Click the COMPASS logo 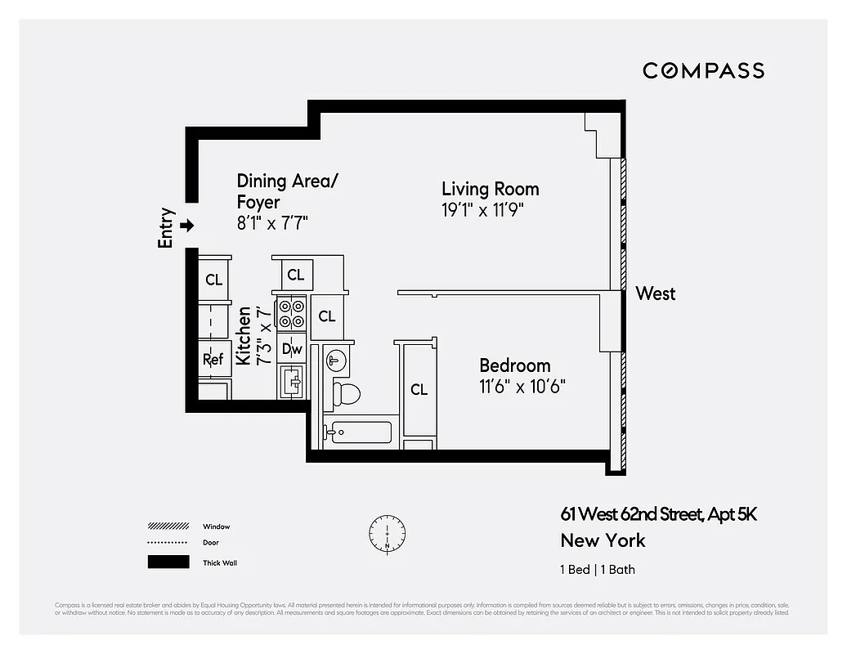coord(703,70)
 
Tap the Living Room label coord(490,190)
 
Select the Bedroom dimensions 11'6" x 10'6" coord(522,385)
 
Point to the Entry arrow coord(187,226)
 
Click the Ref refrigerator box coord(213,359)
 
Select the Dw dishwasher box coord(292,349)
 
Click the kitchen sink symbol coord(292,381)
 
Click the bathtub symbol coord(358,432)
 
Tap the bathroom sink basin coord(335,359)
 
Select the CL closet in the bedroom coord(419,390)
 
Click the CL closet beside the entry coord(213,280)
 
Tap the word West coord(656,293)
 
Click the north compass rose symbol coord(387,533)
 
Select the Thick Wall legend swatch coord(168,562)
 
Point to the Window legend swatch coord(168,526)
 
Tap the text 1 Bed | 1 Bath coord(598,570)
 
